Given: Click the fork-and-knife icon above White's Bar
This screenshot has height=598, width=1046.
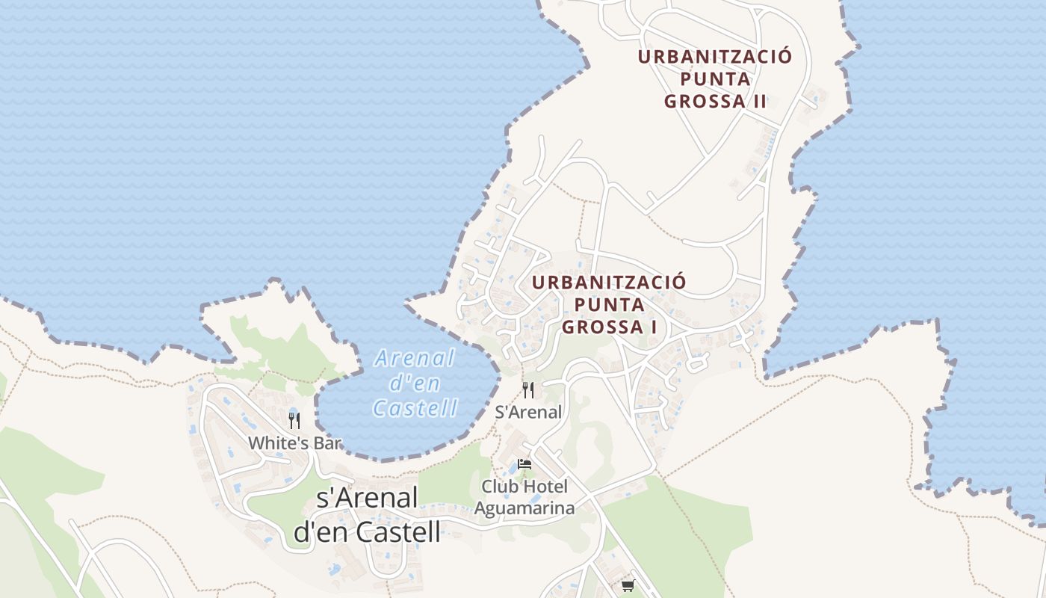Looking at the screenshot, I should (294, 420).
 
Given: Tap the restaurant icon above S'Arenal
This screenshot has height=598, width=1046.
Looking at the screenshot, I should (528, 389).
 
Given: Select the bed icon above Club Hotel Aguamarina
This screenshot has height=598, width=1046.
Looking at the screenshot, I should (524, 464).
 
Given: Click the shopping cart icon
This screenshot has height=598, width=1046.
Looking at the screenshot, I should (628, 585).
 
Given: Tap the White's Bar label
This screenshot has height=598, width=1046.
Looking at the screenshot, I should (294, 443).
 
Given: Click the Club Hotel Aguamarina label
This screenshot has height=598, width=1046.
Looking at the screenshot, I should (524, 498).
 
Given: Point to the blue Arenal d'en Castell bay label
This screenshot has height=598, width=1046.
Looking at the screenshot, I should (415, 383).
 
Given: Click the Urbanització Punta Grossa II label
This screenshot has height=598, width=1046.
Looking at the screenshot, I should (715, 79).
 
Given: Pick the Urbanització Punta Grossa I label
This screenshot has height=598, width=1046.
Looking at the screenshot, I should (609, 305).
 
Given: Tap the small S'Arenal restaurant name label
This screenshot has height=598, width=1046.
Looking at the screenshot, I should (528, 412).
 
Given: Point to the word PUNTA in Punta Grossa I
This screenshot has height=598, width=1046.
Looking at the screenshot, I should (610, 305).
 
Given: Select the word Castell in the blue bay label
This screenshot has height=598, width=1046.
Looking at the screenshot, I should (415, 408).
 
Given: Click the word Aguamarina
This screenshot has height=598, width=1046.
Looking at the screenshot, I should (524, 509).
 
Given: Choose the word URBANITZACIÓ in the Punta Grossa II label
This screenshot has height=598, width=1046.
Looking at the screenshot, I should (715, 57).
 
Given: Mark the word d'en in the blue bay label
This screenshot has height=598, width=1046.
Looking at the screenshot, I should (415, 383).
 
